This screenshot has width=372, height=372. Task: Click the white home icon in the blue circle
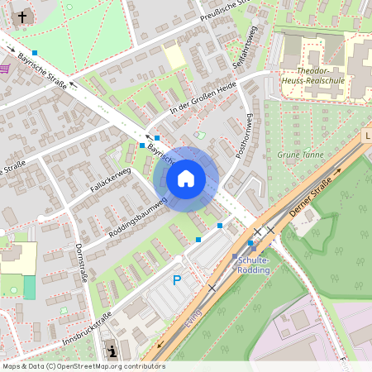click(x=186, y=178)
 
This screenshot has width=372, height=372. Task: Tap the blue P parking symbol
click(x=176, y=281)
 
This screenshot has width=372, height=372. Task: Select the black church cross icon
click(x=23, y=15)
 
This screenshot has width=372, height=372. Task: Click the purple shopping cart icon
click(x=5, y=69)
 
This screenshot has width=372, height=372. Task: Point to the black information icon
click(x=112, y=351)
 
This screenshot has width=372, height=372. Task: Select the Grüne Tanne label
click(x=301, y=155)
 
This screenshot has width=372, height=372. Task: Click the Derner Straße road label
click(x=311, y=198)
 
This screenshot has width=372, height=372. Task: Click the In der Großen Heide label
click(x=203, y=98)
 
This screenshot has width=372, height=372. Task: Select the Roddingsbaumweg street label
click(x=137, y=218)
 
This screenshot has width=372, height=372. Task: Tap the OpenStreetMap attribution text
click(x=83, y=366)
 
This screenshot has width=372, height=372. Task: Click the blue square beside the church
click(x=35, y=53)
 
